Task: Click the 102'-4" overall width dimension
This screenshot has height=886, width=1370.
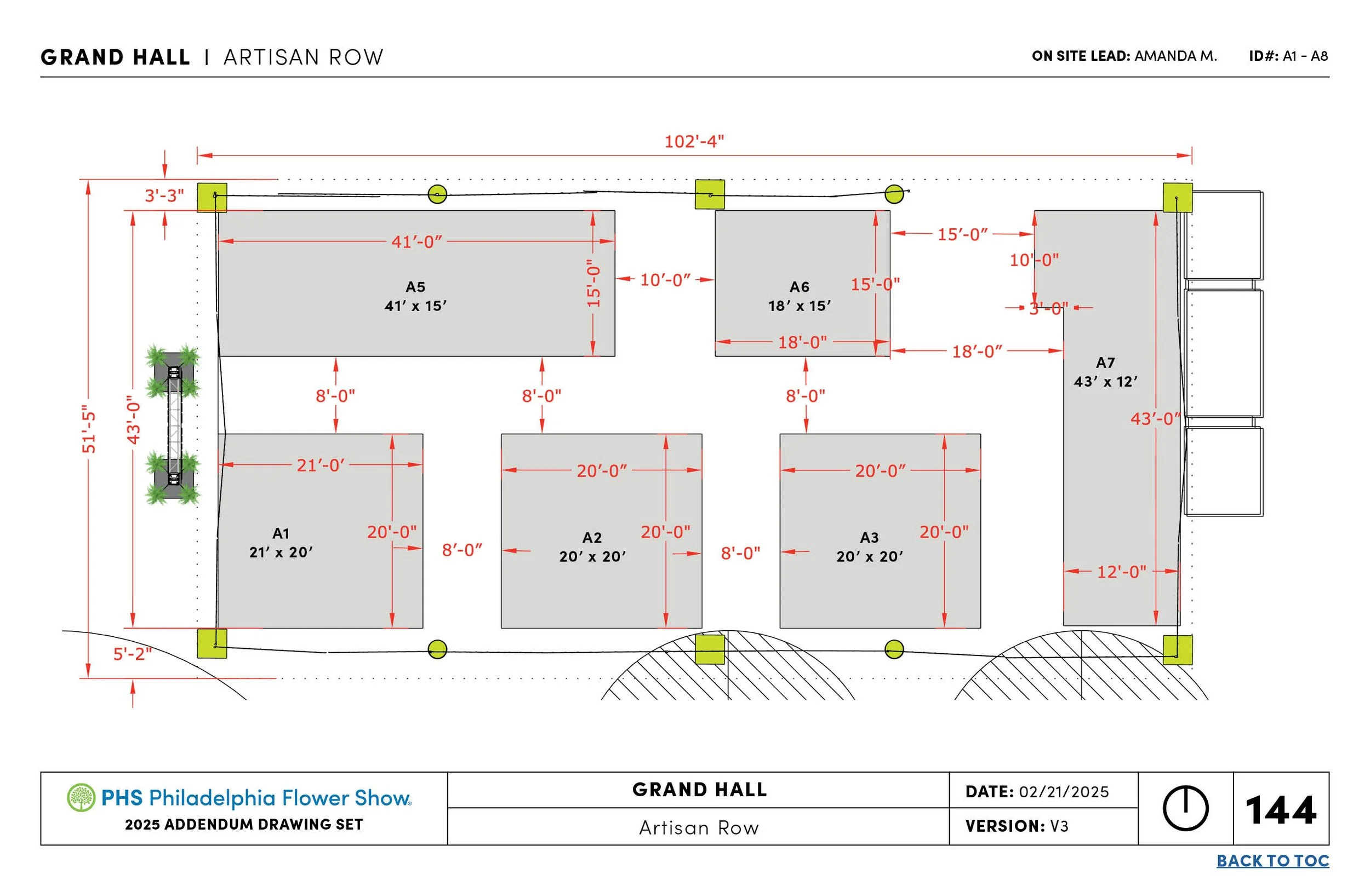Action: pyautogui.click(x=694, y=141)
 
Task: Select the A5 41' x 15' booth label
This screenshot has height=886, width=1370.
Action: pyautogui.click(x=415, y=296)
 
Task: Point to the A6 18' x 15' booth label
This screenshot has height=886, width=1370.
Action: pyautogui.click(x=800, y=296)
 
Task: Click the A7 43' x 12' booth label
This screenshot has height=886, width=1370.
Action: pyautogui.click(x=1105, y=372)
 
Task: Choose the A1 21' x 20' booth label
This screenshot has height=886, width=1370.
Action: pyautogui.click(x=281, y=543)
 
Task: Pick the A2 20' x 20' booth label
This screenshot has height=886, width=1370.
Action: pyautogui.click(x=592, y=547)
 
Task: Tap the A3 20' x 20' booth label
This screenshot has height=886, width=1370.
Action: pyautogui.click(x=869, y=547)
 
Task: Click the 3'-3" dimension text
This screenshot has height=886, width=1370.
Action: pyautogui.click(x=164, y=195)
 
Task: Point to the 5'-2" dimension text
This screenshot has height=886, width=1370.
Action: pyautogui.click(x=133, y=654)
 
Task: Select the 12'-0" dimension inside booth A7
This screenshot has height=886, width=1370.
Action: pyautogui.click(x=1121, y=572)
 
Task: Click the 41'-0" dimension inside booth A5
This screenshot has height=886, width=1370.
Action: pyautogui.click(x=417, y=241)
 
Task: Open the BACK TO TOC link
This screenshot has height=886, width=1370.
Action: pyautogui.click(x=1272, y=861)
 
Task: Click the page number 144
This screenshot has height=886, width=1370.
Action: pyautogui.click(x=1281, y=810)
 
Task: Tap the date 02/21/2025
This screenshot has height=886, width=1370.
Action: pyautogui.click(x=1064, y=792)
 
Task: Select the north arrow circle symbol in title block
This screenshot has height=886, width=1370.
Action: pyautogui.click(x=1185, y=808)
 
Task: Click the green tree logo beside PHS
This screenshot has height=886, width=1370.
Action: pyautogui.click(x=81, y=797)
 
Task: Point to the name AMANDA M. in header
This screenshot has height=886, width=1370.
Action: pyautogui.click(x=1175, y=56)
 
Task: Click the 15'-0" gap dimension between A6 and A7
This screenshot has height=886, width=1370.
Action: pyautogui.click(x=962, y=235)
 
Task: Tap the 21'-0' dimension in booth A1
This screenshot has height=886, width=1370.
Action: pyautogui.click(x=321, y=465)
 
